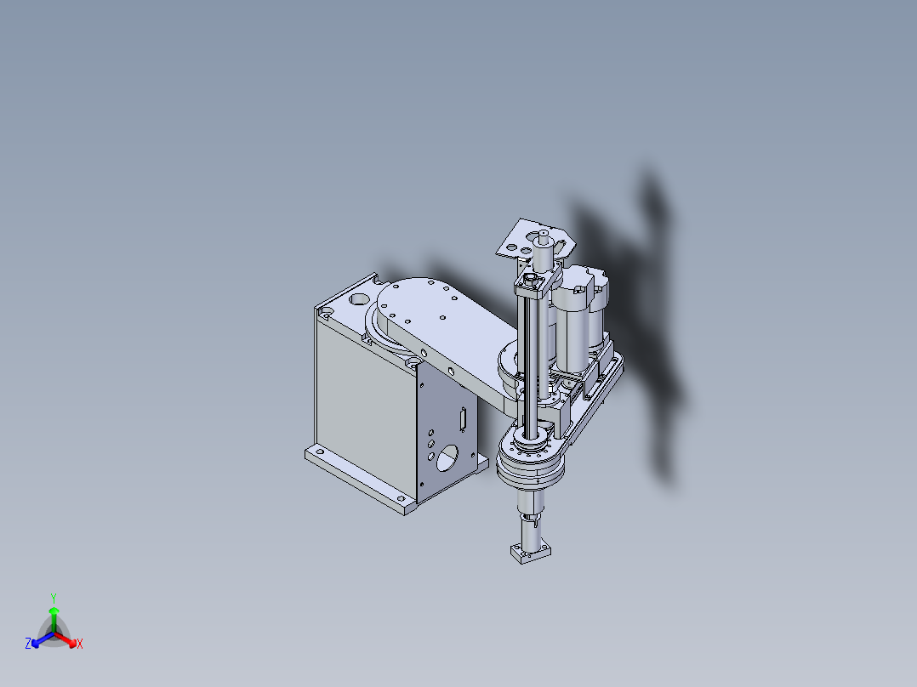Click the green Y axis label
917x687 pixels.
53,597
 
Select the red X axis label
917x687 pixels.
80,644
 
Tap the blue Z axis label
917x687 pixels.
28,644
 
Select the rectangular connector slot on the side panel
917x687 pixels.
463,418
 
